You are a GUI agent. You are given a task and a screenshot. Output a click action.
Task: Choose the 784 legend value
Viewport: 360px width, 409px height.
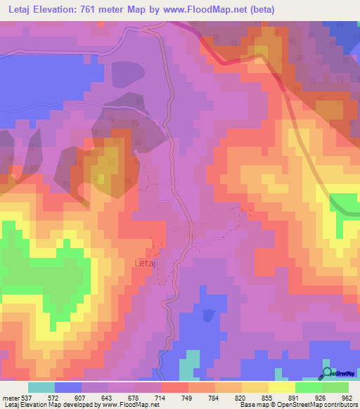pos(197,398)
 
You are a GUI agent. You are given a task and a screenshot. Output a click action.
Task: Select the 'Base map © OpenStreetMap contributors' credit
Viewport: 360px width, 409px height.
pos(297,405)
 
